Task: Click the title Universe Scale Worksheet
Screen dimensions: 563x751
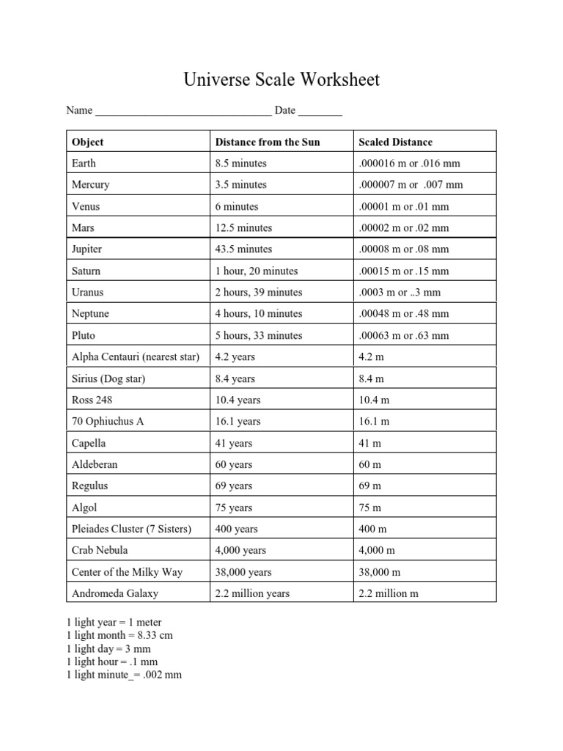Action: [281, 79]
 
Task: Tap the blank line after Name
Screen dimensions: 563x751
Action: [183, 112]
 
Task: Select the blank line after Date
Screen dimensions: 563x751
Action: [320, 112]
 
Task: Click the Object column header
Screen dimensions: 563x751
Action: [88, 142]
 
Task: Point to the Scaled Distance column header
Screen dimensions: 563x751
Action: [395, 142]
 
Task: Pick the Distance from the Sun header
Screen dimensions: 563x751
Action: [268, 142]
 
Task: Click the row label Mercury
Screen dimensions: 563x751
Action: [91, 185]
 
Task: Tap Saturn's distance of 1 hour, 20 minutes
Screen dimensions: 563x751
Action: [257, 271]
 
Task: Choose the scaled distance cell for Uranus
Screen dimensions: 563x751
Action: [400, 292]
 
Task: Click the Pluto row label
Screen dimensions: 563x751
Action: [84, 335]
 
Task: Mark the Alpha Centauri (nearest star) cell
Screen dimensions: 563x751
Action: [136, 357]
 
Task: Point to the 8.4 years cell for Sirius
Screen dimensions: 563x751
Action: [235, 378]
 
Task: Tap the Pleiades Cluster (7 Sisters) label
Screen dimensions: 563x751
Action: [131, 529]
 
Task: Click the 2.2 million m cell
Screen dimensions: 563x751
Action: [389, 593]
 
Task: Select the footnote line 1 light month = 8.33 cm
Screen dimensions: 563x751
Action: [119, 635]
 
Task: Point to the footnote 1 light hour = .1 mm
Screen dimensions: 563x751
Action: [112, 662]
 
